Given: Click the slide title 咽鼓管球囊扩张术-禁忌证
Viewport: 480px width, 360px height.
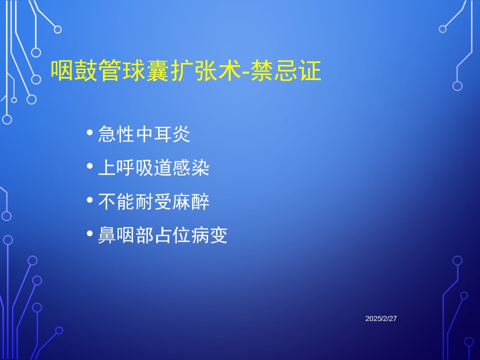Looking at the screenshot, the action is click(186, 70).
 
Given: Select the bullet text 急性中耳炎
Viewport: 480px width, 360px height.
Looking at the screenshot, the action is click(144, 134).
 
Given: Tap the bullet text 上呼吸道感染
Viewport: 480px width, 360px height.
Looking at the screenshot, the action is click(153, 168).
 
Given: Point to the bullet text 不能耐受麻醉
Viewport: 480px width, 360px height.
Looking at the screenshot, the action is click(153, 201).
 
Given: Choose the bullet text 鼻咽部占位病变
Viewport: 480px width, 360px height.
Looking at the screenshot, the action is click(162, 235).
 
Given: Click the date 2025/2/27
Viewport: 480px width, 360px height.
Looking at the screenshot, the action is click(381, 318).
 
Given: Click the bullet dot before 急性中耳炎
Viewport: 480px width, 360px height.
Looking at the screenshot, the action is click(89, 132).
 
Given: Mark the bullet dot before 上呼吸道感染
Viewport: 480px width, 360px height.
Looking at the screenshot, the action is click(89, 166).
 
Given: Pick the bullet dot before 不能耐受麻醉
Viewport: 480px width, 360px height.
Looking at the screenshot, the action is click(89, 200).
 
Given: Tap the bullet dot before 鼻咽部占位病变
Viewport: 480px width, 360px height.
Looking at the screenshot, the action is click(89, 233).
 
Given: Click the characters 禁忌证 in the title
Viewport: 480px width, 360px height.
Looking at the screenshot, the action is click(286, 70).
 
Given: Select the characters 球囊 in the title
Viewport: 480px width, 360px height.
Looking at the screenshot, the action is click(146, 70).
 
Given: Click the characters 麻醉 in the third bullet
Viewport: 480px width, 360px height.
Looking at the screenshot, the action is click(190, 201).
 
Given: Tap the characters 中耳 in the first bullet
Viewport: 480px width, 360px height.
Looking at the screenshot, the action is click(153, 134).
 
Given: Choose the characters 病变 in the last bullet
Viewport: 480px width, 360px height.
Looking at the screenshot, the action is click(209, 235).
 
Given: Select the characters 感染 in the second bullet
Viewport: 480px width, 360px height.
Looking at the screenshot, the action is click(190, 168).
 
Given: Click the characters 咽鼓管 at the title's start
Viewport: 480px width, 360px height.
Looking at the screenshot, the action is click(86, 70).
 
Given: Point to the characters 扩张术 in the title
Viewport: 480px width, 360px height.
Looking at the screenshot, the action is click(206, 70).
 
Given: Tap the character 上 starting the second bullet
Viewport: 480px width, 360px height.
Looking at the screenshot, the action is click(107, 168).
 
